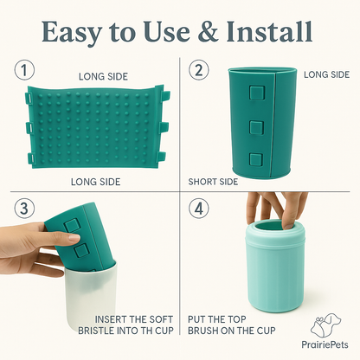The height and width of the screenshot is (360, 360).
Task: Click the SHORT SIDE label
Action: [214, 183]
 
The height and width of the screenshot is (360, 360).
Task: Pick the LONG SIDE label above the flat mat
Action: [102, 75]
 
